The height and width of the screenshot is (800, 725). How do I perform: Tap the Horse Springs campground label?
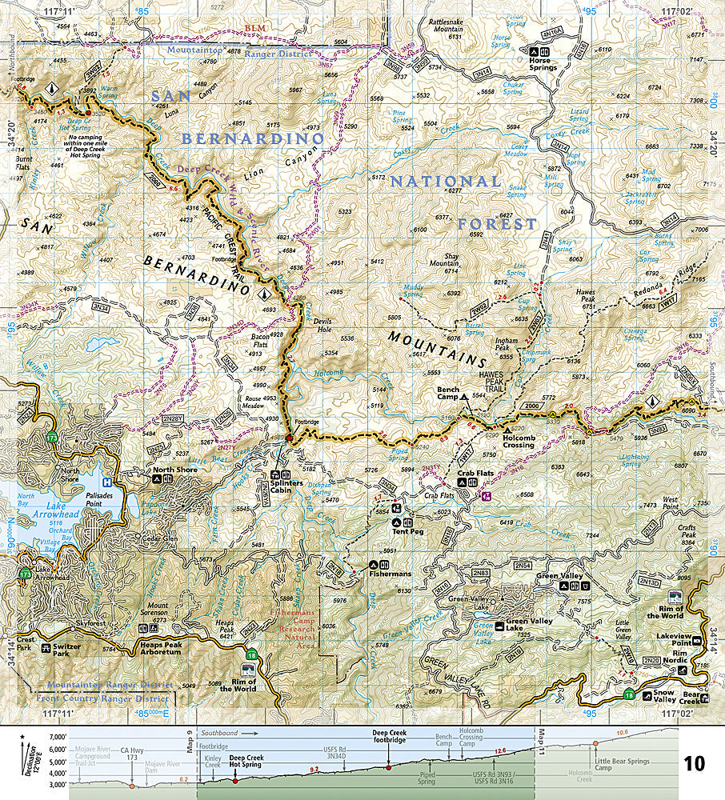point(543,67)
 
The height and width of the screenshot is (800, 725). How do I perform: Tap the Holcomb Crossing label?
point(507,444)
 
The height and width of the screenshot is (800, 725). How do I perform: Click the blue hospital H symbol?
point(107,482)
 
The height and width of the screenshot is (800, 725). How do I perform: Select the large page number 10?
point(694,763)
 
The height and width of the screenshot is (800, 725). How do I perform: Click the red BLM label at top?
point(254,28)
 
